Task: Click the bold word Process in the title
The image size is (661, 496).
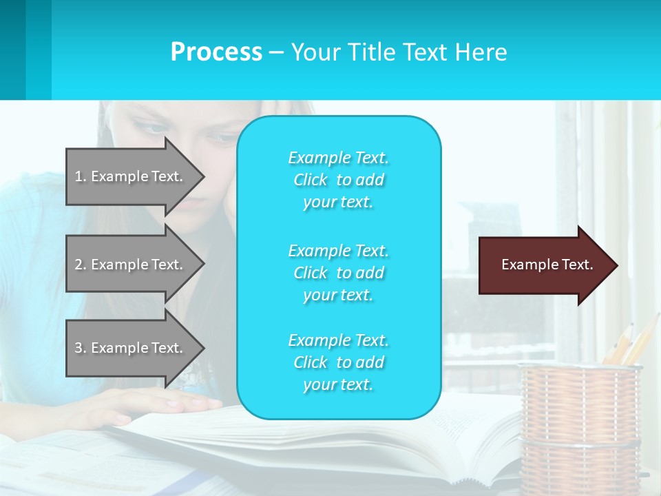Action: pyautogui.click(x=216, y=52)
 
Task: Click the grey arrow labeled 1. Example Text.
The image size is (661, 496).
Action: pyautogui.click(x=129, y=176)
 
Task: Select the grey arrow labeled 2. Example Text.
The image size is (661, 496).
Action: pyautogui.click(x=129, y=265)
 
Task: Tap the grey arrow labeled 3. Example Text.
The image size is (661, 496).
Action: pyautogui.click(x=129, y=348)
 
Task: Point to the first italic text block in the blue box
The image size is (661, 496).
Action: pyautogui.click(x=338, y=180)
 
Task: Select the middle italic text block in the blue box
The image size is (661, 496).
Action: pyautogui.click(x=338, y=273)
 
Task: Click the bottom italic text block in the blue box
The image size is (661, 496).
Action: pyautogui.click(x=338, y=362)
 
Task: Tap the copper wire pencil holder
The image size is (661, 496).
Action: pyautogui.click(x=579, y=427)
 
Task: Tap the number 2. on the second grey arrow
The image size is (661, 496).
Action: pyautogui.click(x=81, y=265)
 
